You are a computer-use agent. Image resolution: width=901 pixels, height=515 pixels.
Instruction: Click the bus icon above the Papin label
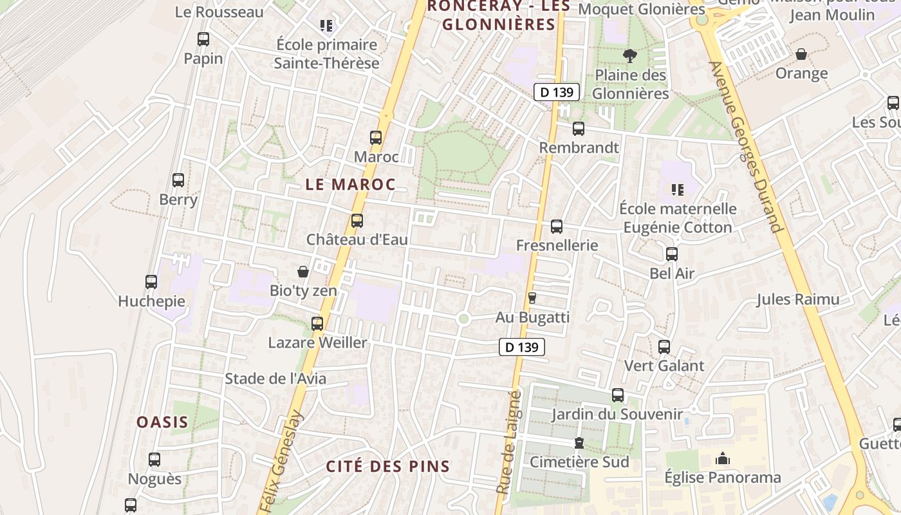tap(203, 39)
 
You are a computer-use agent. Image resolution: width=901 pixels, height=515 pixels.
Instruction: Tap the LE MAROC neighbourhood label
tap(350, 184)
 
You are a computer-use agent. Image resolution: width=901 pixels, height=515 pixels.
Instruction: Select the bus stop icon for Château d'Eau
tap(357, 221)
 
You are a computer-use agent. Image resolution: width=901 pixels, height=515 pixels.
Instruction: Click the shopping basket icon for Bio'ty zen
tap(303, 272)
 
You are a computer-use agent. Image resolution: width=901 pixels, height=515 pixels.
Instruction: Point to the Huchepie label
tap(151, 301)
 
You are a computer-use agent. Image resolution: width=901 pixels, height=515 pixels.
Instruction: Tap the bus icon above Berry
tap(178, 180)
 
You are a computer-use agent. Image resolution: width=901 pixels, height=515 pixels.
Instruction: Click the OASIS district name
tap(162, 422)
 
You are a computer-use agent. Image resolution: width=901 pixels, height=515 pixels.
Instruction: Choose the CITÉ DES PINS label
tap(387, 467)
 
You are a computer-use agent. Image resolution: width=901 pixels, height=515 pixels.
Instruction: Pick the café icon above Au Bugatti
tap(532, 297)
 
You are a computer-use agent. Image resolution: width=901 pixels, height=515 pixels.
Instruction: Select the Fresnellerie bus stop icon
tap(557, 227)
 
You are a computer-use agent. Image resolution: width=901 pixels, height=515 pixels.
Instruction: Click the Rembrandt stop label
tap(579, 147)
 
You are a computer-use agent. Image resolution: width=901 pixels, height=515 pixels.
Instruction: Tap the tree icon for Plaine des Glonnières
tap(630, 56)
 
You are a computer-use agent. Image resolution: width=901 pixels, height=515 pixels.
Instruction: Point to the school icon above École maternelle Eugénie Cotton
tap(677, 189)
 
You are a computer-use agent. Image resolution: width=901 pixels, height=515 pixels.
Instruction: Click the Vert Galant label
tap(664, 366)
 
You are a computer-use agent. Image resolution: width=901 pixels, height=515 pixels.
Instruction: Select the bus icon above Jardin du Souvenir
tap(618, 395)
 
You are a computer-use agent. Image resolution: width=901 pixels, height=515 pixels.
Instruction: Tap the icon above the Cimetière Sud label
tap(579, 443)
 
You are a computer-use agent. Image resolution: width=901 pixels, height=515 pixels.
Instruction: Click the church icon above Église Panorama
tap(723, 458)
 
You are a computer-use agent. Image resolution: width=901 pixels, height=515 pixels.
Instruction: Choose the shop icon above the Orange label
tap(801, 54)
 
